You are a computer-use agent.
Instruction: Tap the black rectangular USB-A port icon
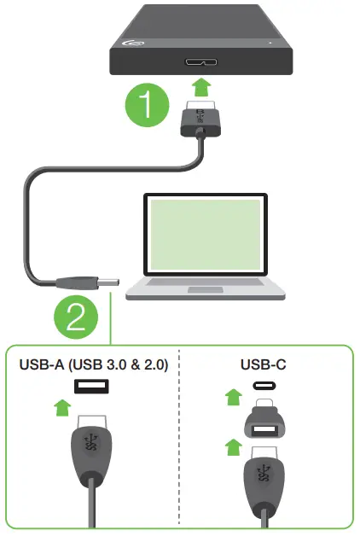[x=90, y=387]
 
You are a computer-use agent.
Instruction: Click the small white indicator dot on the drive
[x=270, y=40]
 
